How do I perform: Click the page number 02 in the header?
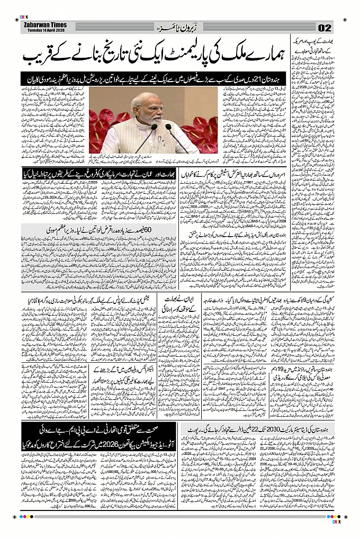click(325, 28)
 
